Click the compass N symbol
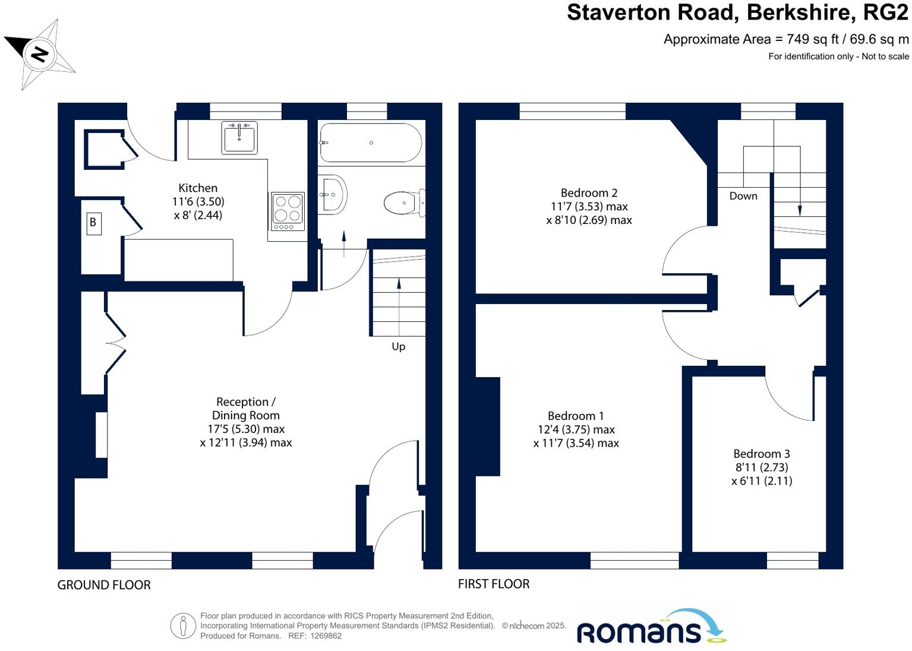point(39,55)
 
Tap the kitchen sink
point(239,137)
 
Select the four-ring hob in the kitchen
point(288,211)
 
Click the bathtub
point(371,143)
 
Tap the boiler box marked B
point(93,223)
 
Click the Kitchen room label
point(198,188)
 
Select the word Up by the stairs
point(398,346)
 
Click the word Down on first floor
point(743,196)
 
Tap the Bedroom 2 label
point(589,193)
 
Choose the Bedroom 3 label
point(761,454)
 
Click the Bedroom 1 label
point(575,416)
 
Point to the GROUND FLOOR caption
point(104,585)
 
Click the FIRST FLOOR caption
point(493,584)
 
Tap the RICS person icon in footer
point(183,625)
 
